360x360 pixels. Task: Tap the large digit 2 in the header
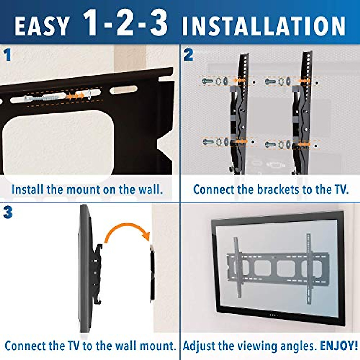coord(125,22)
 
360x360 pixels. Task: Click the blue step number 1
coord(7,55)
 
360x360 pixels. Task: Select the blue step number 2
coord(188,55)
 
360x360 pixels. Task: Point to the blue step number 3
coord(8,213)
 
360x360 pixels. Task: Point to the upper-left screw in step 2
coord(207,81)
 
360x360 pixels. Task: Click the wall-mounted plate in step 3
coord(152,273)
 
